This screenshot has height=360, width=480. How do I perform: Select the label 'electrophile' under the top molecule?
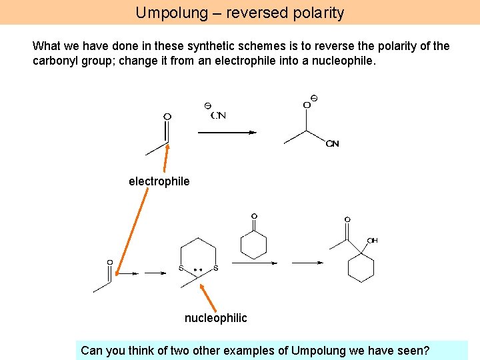click(x=159, y=181)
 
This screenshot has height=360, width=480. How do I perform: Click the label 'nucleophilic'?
click(x=215, y=318)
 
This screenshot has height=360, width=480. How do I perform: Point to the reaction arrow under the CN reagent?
click(x=227, y=133)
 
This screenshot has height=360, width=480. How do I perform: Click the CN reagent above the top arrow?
click(x=217, y=115)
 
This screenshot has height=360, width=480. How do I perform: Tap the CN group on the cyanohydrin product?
click(x=333, y=144)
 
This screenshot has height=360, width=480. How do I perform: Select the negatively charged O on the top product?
click(x=307, y=105)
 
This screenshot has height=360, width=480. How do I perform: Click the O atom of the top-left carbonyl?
click(x=167, y=117)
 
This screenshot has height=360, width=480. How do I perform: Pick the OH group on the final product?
click(x=372, y=241)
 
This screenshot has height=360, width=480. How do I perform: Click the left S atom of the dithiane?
click(x=181, y=268)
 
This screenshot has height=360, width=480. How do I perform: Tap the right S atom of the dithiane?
click(x=215, y=268)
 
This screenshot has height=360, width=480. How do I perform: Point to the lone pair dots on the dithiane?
click(x=197, y=270)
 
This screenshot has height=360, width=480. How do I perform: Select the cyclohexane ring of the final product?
click(x=361, y=268)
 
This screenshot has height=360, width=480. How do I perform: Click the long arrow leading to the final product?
click(x=307, y=263)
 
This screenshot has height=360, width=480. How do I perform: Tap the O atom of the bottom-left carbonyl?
click(x=110, y=263)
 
